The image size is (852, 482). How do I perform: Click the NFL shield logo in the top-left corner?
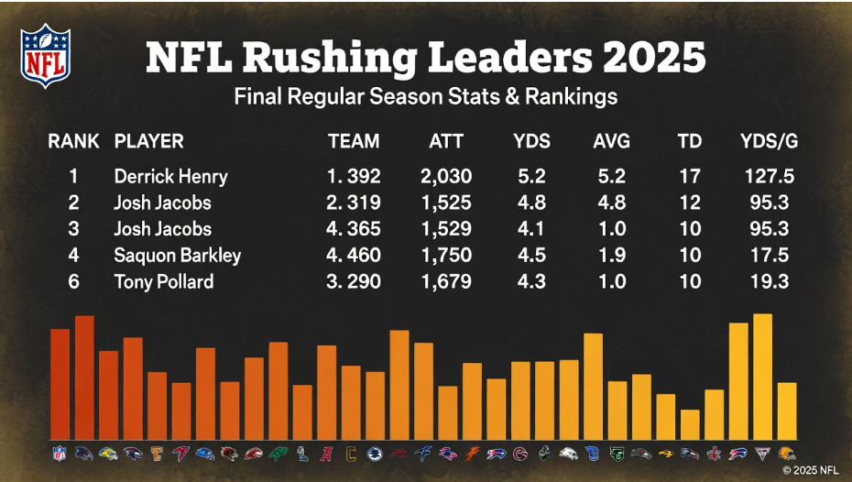pyautogui.click(x=46, y=56)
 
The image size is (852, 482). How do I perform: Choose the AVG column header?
pyautogui.click(x=611, y=141)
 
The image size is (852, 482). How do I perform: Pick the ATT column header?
pyautogui.click(x=446, y=141)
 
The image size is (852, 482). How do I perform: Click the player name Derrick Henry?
pyautogui.click(x=170, y=176)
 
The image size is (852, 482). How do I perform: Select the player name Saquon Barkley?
pyautogui.click(x=177, y=255)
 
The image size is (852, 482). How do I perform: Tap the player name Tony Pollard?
pyautogui.click(x=163, y=281)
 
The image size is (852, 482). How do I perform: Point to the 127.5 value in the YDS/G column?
pyautogui.click(x=769, y=176)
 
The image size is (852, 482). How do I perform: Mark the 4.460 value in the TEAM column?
pyautogui.click(x=354, y=255)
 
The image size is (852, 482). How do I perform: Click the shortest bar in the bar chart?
pyautogui.click(x=690, y=423)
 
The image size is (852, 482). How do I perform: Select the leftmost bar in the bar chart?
pyautogui.click(x=60, y=383)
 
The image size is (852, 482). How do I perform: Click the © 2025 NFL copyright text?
pyautogui.click(x=810, y=469)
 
